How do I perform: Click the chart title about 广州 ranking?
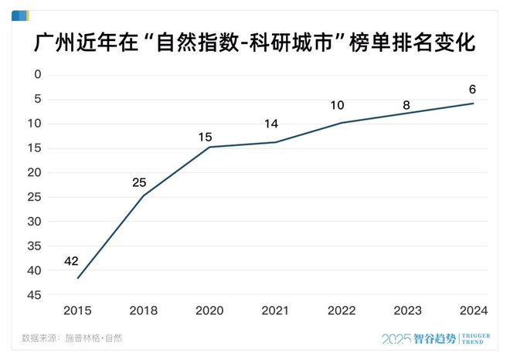[x=255, y=42]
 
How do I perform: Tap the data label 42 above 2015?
[x=71, y=261]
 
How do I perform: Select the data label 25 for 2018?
[x=138, y=182]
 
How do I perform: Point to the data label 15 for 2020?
[x=205, y=137]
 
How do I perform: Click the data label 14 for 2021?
[x=270, y=123]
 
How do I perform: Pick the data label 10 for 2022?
[x=337, y=104]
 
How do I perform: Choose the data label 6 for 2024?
[x=472, y=88]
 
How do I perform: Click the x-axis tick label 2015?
[x=77, y=310]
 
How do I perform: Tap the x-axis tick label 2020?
[x=209, y=310]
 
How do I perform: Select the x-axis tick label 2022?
[x=342, y=310]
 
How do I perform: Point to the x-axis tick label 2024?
[x=473, y=310]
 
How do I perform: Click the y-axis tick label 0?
[x=37, y=75]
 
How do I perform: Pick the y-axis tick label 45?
[x=34, y=295]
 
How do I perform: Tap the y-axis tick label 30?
[x=34, y=222]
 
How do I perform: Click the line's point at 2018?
[x=143, y=196]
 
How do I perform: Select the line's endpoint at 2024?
[x=473, y=104]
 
